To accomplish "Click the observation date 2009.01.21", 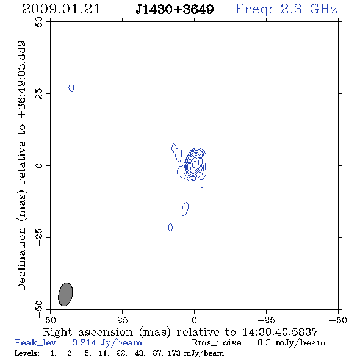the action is tap(61, 9).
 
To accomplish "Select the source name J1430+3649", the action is tap(175, 10).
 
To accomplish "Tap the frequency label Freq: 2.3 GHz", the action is tap(286, 9).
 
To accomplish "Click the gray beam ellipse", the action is tap(65, 294).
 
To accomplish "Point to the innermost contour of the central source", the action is tap(194, 164).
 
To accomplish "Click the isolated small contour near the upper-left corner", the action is tap(71, 87).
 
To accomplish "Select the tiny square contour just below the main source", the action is tap(202, 189).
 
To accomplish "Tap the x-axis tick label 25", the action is tap(122, 320).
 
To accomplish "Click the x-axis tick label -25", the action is tap(266, 320).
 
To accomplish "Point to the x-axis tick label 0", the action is tap(194, 320).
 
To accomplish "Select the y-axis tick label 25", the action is tap(39, 94).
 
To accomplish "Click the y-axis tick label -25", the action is tap(39, 237).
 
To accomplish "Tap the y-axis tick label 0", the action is tap(39, 165).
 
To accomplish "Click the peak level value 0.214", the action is tap(84, 342).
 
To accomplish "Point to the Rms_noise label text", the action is tap(220, 343).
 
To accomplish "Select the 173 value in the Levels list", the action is tap(174, 353).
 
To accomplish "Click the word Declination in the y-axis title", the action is tap(21, 259).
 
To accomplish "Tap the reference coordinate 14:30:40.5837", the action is tap(280, 332).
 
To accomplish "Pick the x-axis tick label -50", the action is tap(338, 320).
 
